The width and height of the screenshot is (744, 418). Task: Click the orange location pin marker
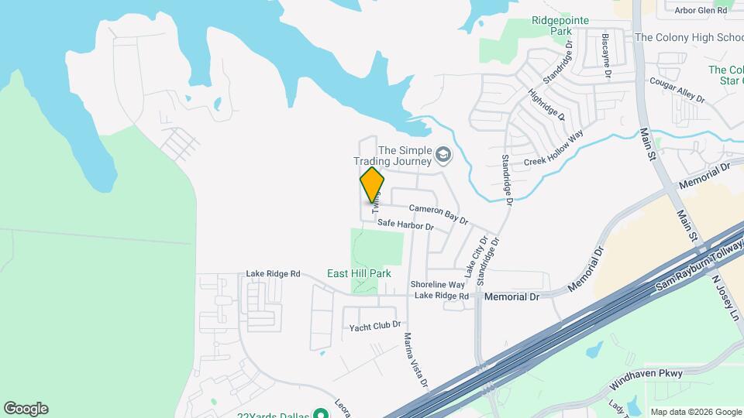click(372, 184)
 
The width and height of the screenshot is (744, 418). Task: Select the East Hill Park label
click(358, 273)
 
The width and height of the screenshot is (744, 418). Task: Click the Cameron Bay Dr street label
click(439, 214)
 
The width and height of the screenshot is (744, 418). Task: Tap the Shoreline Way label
click(437, 284)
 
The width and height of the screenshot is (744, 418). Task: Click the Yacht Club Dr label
click(374, 325)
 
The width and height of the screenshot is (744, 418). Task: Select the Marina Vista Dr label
click(415, 360)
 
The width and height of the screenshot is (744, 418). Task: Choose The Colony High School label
click(689, 37)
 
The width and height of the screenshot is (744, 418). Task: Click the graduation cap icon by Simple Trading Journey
click(443, 156)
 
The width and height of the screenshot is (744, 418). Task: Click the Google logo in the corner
click(26, 409)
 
